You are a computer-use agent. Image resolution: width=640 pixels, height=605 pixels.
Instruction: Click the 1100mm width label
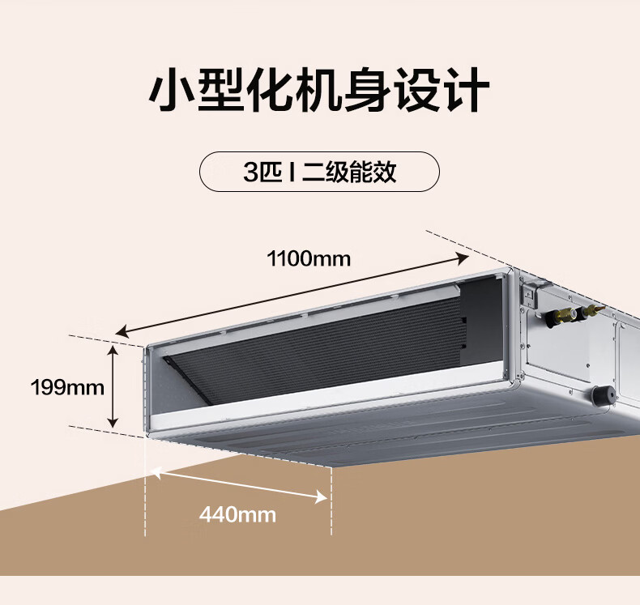309,259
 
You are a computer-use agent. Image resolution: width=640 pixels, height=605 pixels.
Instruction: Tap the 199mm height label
68,387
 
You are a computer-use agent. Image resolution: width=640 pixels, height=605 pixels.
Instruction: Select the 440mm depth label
237,513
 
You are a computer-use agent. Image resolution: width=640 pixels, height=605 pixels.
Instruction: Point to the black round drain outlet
602,395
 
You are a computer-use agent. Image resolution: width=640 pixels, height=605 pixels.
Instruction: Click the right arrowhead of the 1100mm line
463,258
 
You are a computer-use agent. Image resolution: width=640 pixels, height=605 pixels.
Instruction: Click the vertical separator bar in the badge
291,173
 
